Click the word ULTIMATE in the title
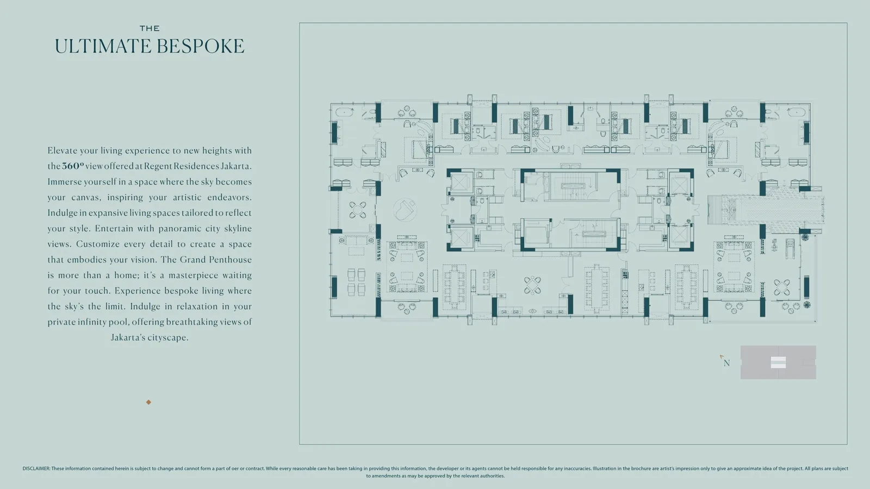click(103, 46)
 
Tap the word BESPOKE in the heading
click(201, 46)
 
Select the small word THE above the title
click(150, 28)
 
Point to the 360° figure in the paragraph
click(73, 166)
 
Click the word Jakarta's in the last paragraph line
click(128, 337)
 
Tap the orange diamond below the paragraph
click(148, 402)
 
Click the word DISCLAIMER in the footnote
click(36, 468)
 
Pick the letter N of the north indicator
click(726, 363)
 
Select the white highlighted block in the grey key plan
click(778, 362)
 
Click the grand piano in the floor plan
click(405, 209)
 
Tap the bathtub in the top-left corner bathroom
click(343, 112)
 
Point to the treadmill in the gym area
click(790, 248)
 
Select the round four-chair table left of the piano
click(357, 210)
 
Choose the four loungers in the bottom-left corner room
click(356, 282)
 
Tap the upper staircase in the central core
click(573, 186)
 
